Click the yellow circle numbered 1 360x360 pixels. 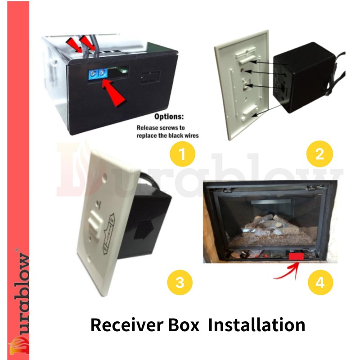(x=182, y=154)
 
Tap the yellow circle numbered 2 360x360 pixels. (x=319, y=154)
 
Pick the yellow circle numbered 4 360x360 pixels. (x=320, y=283)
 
